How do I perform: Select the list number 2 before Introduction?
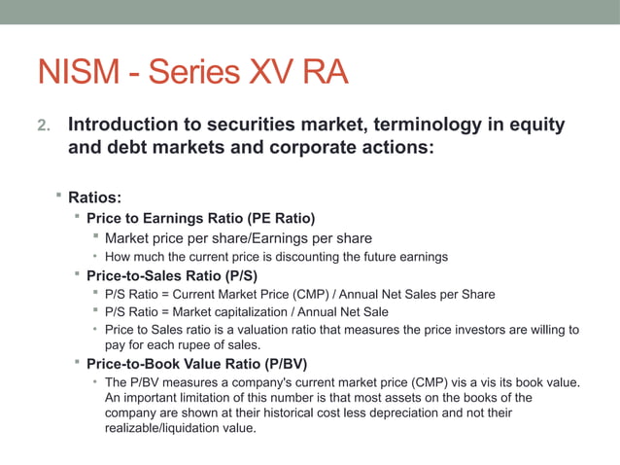click(x=42, y=126)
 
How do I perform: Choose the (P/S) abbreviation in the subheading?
click(x=237, y=275)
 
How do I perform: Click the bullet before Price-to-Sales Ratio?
click(x=77, y=275)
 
